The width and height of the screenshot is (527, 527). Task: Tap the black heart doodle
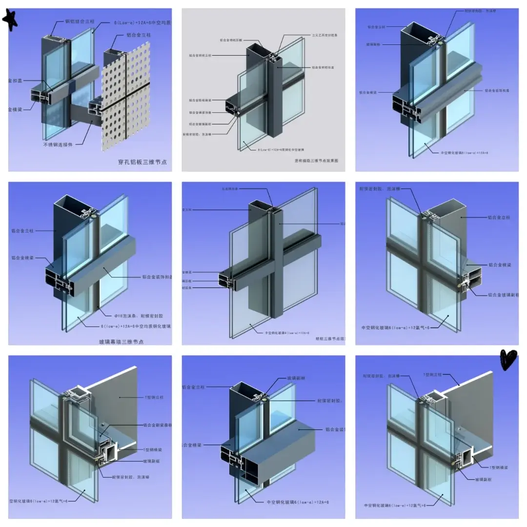508,360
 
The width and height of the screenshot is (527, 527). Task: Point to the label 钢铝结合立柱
80,21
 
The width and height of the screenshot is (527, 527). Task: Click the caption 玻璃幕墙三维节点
121,342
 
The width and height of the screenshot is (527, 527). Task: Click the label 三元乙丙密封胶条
324,35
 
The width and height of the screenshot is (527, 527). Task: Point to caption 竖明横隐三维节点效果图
316,160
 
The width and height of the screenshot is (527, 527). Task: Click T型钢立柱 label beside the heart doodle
432,374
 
